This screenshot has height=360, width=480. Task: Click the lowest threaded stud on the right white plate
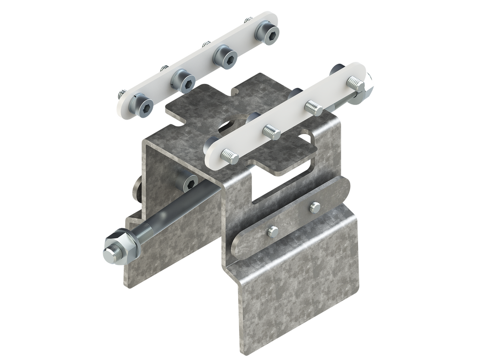(x=230, y=155)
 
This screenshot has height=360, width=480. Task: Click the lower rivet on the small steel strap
(x=272, y=230)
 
